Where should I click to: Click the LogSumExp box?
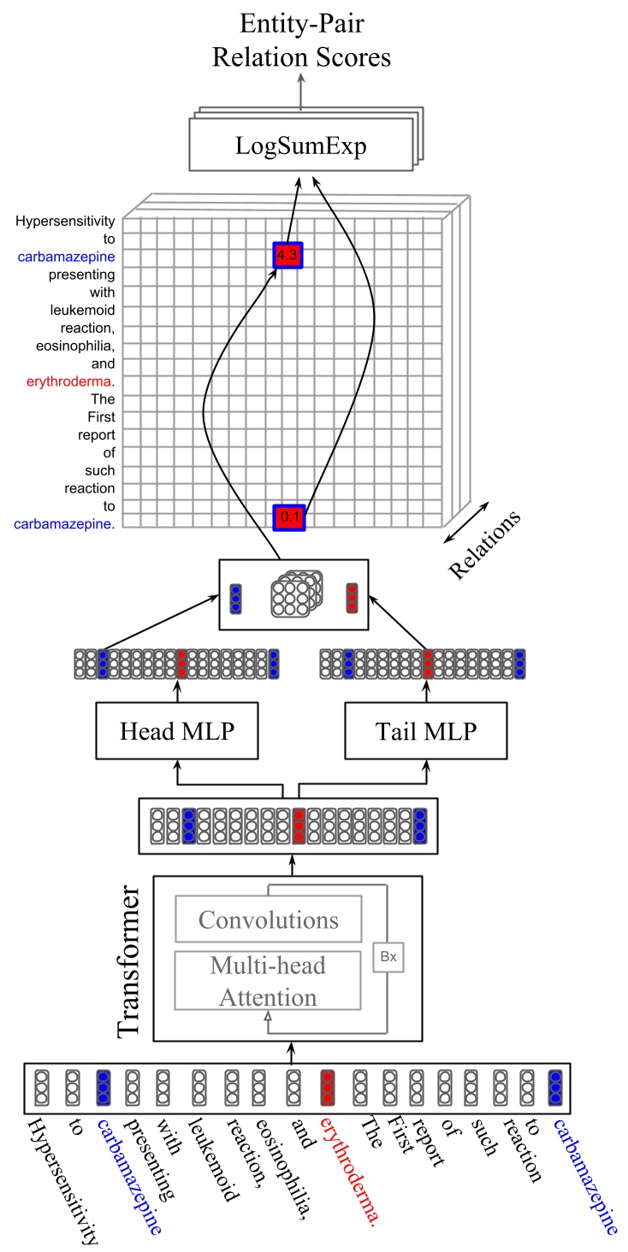pos(300,146)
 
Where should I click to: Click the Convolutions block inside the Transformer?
pos(269,919)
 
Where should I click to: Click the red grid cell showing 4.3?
pos(288,255)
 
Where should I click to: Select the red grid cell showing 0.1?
pos(288,517)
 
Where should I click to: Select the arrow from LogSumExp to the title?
pos(300,92)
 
